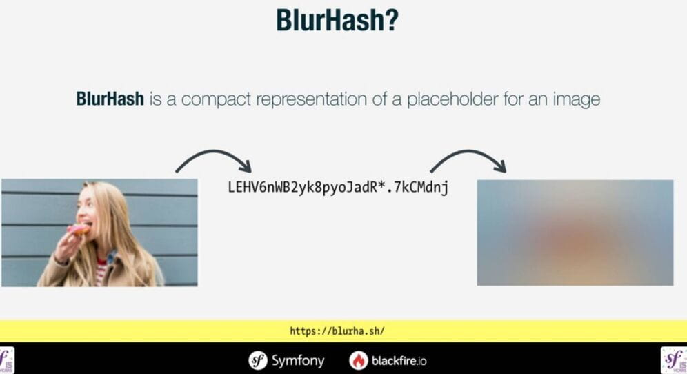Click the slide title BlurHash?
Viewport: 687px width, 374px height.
337,20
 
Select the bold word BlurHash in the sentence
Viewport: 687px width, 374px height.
110,99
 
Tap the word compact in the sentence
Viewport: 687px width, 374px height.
216,99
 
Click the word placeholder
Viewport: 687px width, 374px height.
452,99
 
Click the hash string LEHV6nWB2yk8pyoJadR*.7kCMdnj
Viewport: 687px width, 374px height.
338,187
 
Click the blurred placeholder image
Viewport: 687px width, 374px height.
575,233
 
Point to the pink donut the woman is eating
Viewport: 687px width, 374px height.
79,229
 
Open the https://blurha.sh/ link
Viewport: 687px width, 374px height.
337,331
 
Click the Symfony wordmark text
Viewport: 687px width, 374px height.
298,360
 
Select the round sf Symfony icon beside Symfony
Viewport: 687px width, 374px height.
258,360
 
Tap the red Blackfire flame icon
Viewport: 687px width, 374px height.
359,360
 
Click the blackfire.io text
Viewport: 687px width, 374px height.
399,361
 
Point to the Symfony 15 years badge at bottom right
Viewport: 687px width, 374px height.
674,360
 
